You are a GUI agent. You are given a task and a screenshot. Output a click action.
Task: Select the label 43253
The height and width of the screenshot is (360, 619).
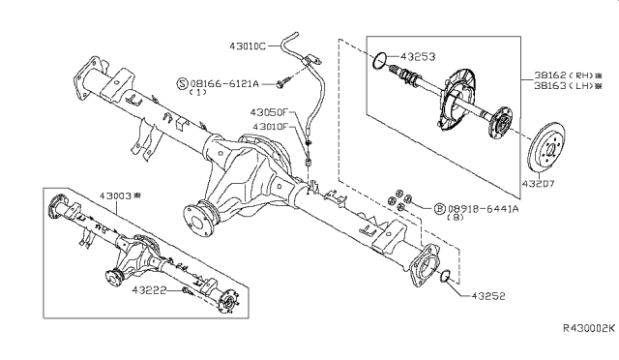[x=418, y=58]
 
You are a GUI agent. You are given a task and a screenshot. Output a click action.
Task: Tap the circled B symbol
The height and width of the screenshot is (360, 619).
[x=440, y=208]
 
